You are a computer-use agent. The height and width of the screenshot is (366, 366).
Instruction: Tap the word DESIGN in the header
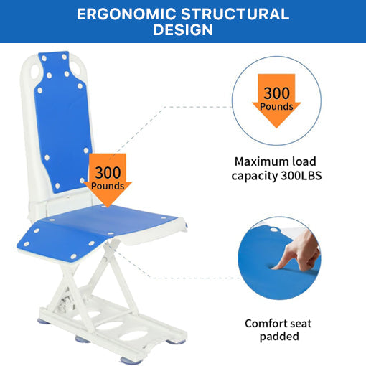coord(183,30)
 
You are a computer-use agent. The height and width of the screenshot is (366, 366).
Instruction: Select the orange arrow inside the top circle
coord(276,100)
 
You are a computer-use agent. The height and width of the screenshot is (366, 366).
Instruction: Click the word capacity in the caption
coord(257,174)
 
